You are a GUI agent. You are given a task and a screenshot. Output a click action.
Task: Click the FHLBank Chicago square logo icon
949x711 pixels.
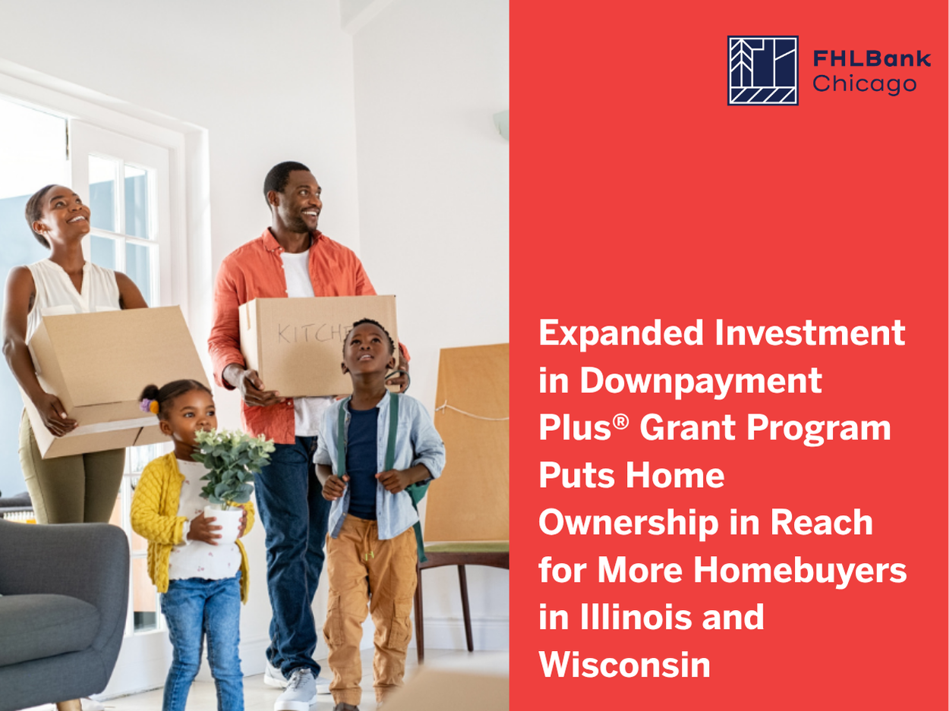763,71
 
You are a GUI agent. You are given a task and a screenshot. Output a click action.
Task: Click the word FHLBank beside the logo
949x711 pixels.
872,58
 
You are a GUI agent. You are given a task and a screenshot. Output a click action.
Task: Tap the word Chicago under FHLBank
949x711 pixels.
864,84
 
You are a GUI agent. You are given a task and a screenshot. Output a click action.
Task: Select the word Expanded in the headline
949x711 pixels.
621,332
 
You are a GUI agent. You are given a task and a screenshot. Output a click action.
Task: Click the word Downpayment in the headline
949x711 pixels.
701,382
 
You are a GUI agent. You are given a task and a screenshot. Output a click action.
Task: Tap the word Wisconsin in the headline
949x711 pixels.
624,665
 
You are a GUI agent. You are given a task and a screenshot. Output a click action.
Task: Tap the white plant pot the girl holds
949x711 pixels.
223,524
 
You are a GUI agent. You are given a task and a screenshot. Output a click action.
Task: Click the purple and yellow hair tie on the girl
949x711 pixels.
149,405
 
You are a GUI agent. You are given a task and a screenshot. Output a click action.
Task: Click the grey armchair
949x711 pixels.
61,613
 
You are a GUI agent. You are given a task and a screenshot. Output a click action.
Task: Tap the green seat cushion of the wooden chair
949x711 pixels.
466,548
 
